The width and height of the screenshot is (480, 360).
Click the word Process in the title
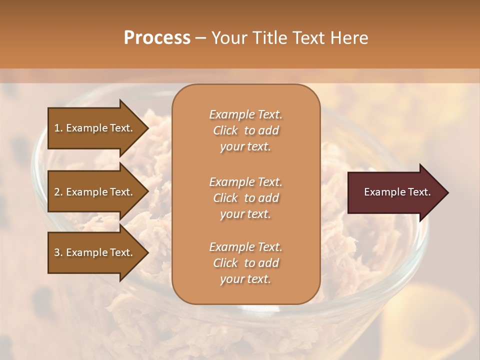[x=157, y=38]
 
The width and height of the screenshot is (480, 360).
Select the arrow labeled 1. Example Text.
[x=95, y=128]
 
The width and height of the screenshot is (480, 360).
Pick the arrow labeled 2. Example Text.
[x=95, y=192]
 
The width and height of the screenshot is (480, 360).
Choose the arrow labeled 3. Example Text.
[x=95, y=253]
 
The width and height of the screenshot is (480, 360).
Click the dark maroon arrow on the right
[x=395, y=192]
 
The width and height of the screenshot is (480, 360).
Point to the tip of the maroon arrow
[x=446, y=192]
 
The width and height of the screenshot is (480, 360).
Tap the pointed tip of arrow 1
[x=146, y=128]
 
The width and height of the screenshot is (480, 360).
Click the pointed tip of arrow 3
[x=146, y=253]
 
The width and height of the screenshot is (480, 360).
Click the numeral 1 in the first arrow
[x=57, y=128]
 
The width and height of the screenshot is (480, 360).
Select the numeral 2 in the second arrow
[x=57, y=192]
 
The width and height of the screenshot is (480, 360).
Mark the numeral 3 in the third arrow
[x=57, y=253]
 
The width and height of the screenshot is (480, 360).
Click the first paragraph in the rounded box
[x=245, y=130]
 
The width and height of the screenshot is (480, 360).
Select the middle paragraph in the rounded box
[x=245, y=198]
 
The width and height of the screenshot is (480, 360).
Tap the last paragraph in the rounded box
[x=245, y=263]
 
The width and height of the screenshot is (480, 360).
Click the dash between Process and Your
[x=201, y=38]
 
